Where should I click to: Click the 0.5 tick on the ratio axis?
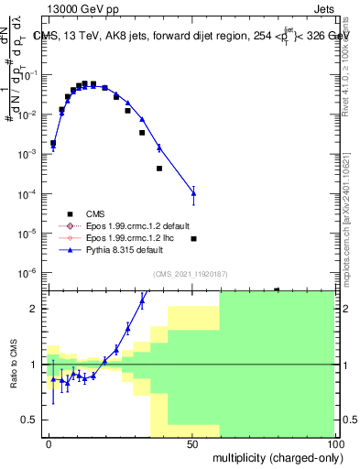32,420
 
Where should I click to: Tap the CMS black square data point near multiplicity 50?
193,238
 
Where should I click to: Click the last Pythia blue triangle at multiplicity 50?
193,192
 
